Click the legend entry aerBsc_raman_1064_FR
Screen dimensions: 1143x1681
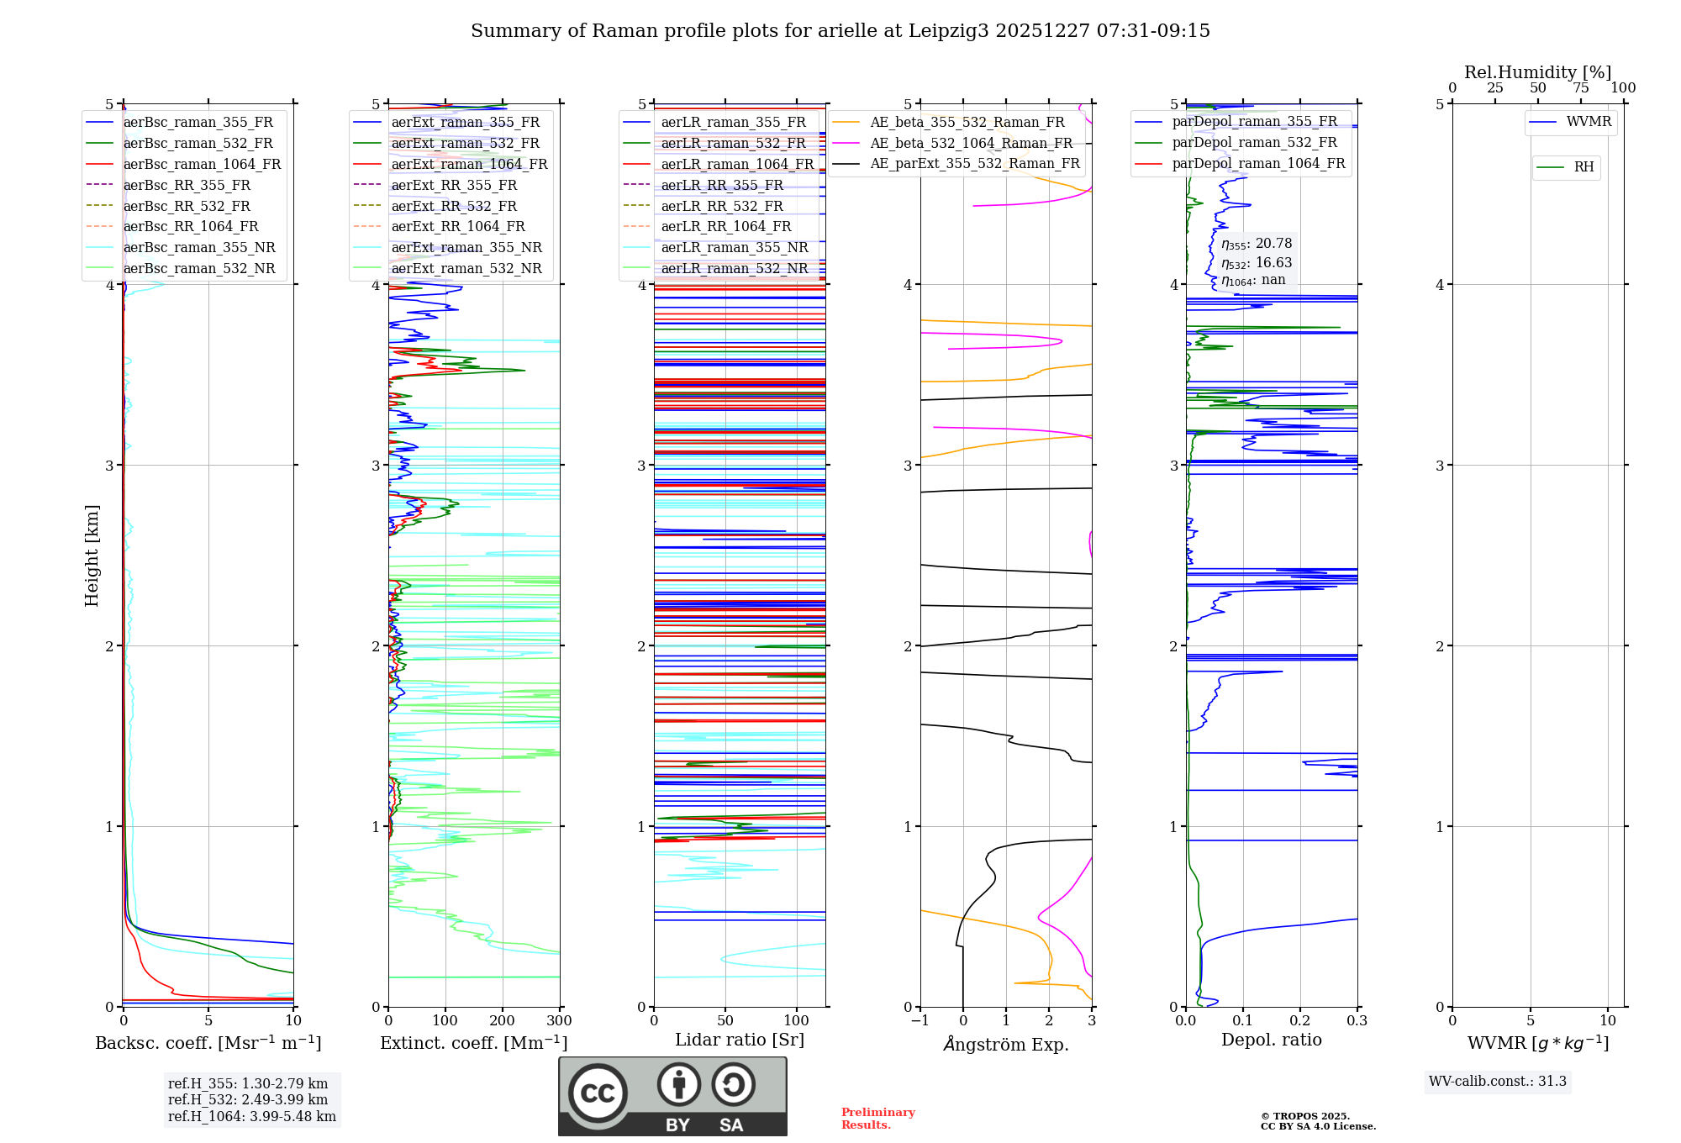coord(202,165)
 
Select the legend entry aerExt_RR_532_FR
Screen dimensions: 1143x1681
coord(454,206)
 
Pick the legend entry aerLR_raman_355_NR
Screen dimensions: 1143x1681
coord(735,248)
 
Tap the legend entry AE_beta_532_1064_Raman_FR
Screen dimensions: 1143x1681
coord(971,144)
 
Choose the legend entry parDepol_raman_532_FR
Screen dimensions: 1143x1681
coord(1254,143)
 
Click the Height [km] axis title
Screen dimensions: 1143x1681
coord(92,556)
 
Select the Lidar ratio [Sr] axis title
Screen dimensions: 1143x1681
coord(740,1040)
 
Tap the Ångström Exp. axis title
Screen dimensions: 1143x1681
coord(1006,1044)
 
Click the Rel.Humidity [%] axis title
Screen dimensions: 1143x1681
coord(1537,72)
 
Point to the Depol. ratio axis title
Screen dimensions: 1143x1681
coord(1271,1040)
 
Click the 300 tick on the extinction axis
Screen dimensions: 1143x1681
coord(559,1021)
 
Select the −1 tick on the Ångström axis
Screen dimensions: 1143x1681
coord(920,1021)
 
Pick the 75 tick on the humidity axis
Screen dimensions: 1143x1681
coord(1581,88)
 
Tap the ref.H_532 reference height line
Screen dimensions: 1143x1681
coord(247,1099)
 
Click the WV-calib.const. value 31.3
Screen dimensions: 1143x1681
coord(1552,1082)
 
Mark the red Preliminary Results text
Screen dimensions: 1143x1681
coord(877,1119)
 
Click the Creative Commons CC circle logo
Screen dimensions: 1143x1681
coord(598,1093)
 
